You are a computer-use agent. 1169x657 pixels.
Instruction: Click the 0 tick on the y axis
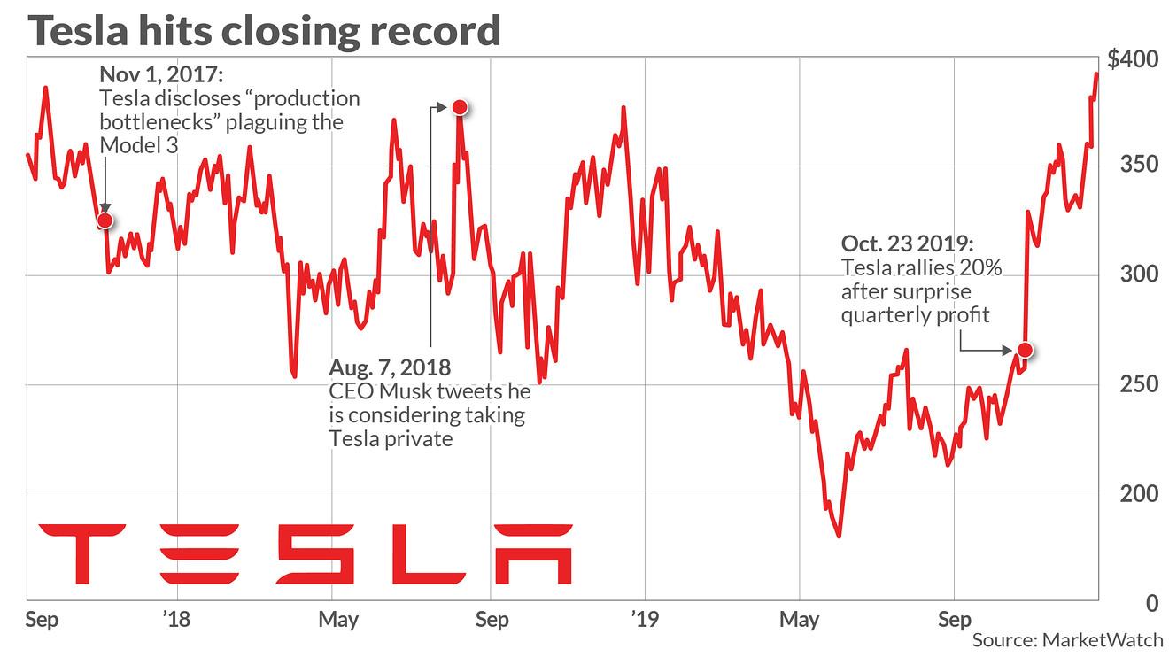[x=1150, y=603]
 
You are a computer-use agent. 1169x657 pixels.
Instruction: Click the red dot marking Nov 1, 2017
[x=105, y=220]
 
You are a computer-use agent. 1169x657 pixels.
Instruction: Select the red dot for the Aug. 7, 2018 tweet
[x=459, y=107]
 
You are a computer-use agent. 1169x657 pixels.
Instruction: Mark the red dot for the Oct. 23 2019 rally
[x=1025, y=350]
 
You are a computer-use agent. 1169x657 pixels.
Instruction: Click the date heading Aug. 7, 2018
[x=390, y=367]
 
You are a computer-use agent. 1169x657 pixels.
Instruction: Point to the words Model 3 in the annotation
[x=139, y=145]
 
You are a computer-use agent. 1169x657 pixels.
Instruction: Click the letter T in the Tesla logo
[x=82, y=553]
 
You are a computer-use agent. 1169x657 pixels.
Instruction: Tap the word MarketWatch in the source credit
[x=1102, y=639]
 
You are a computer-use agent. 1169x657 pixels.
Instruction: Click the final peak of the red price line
[x=1096, y=74]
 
